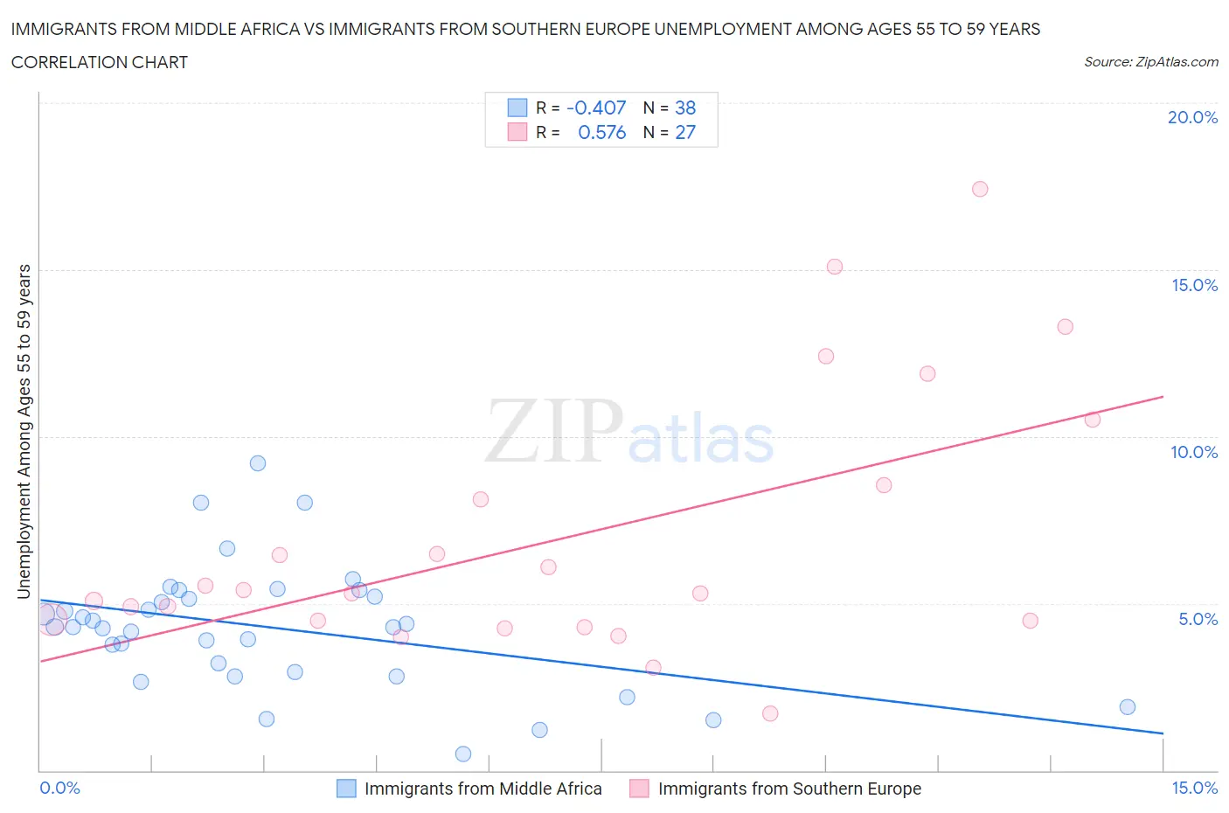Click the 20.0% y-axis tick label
point(1192,117)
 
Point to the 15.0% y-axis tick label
point(1194,285)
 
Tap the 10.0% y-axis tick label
point(1194,452)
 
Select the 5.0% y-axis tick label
point(1198,619)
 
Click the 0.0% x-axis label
point(59,788)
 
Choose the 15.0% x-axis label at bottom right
point(1194,788)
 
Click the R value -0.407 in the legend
point(596,108)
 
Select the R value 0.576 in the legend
point(601,132)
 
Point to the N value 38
point(685,108)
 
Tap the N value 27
point(685,132)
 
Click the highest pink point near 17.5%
point(980,189)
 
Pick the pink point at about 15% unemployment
point(835,267)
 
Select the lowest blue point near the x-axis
point(463,754)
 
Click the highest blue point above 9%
point(258,463)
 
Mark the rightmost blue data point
point(1128,707)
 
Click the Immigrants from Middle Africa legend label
point(483,789)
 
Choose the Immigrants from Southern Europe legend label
point(789,789)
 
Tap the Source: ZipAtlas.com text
point(1150,62)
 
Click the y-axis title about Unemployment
point(24,432)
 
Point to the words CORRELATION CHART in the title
point(100,62)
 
